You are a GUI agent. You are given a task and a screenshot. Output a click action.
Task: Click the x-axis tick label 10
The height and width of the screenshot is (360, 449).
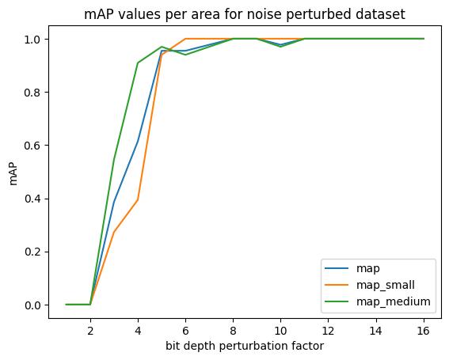coord(280,331)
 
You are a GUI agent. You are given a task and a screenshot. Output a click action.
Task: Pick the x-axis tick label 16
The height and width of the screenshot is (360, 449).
coord(424,331)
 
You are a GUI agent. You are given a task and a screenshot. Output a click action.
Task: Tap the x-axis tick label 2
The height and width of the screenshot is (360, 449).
coord(90,331)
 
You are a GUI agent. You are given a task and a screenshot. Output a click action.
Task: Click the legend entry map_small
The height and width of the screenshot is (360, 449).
coord(386,285)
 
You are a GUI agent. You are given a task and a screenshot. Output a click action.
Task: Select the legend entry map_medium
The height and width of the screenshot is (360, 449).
coord(393,301)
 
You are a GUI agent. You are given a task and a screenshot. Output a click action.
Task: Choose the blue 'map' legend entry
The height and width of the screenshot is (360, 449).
coord(368,268)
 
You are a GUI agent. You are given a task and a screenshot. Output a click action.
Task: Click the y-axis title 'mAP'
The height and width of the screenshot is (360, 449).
coord(13,171)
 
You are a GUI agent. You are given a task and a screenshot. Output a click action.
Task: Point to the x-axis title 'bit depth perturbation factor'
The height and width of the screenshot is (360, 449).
coord(245,346)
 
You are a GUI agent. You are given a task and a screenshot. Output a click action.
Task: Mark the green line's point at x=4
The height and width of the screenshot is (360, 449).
coord(138,63)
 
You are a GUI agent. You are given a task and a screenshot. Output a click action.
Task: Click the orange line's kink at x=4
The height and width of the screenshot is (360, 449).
coord(138,199)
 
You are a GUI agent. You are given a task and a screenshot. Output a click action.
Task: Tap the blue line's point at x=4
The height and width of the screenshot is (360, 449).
coord(138,142)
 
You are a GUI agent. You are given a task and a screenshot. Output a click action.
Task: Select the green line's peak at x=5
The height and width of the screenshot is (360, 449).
coord(162,47)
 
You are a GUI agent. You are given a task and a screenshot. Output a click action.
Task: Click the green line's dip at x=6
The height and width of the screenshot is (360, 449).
coord(185,55)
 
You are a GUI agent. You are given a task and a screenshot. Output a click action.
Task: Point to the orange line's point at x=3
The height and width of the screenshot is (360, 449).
coord(114,232)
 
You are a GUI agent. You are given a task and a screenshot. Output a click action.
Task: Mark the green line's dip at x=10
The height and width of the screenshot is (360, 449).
coord(280,47)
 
